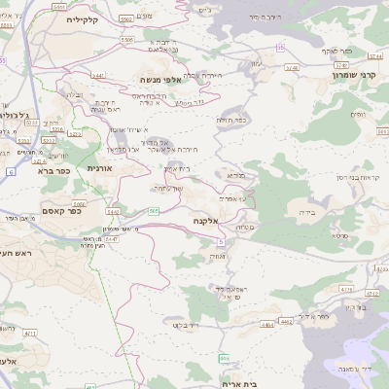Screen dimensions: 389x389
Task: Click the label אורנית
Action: point(100,168)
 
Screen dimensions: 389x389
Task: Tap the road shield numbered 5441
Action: point(98,74)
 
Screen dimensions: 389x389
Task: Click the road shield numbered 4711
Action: point(30,333)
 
